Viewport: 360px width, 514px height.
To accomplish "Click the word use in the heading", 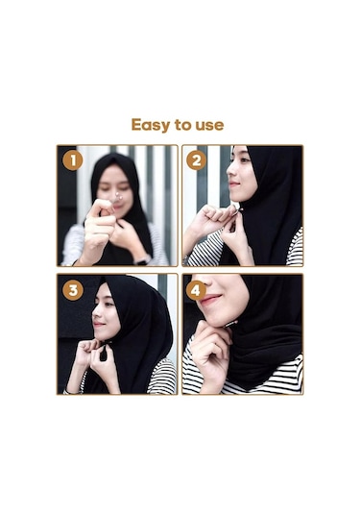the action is pyautogui.click(x=209, y=126).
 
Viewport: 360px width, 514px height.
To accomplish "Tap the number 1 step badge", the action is pyautogui.click(x=72, y=161).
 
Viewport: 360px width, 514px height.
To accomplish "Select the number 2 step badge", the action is pyautogui.click(x=196, y=161).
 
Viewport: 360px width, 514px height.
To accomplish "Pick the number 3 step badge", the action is pyautogui.click(x=72, y=290).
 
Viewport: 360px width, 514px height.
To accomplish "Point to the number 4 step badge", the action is pyautogui.click(x=196, y=290).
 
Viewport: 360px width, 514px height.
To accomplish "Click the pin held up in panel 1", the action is pyautogui.click(x=116, y=197).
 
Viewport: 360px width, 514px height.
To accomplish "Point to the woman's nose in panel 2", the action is pyautogui.click(x=229, y=171).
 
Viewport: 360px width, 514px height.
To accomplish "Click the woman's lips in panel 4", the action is pyautogui.click(x=209, y=299).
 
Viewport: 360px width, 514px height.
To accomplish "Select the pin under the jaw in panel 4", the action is pyautogui.click(x=231, y=324).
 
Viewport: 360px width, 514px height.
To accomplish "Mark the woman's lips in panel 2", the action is pyautogui.click(x=233, y=184).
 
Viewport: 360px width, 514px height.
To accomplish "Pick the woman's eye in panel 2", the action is pyautogui.click(x=243, y=160).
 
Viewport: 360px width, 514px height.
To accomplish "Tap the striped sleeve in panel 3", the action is pyautogui.click(x=161, y=377).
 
